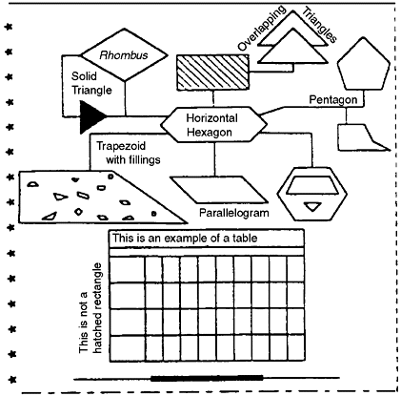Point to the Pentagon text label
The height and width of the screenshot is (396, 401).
332,100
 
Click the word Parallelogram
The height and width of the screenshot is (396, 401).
233,213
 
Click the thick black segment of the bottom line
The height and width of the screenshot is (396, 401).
207,380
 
